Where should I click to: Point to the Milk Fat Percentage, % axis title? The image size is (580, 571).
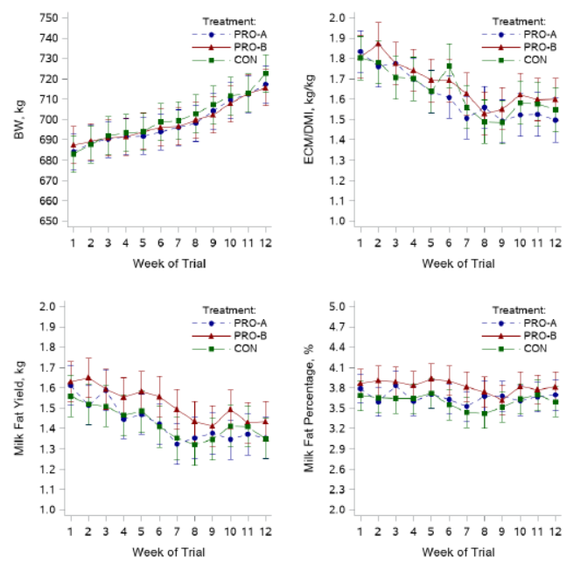pos(308,407)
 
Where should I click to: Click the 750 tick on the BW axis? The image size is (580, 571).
pos(49,17)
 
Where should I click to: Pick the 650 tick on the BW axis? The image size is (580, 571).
pos(49,220)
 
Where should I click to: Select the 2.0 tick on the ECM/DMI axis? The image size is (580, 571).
pos(338,17)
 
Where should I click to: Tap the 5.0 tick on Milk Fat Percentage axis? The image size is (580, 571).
pos(338,306)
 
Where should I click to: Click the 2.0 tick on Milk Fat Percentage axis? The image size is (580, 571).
pos(338,509)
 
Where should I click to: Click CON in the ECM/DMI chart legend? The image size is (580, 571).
pos(531,59)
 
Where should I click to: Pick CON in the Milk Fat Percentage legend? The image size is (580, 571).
pos(531,348)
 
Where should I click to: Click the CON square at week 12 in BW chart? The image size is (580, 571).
pos(265,73)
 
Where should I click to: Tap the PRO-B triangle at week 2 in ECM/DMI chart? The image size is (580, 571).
pos(378,44)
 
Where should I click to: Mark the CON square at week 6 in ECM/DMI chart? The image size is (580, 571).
pos(449,66)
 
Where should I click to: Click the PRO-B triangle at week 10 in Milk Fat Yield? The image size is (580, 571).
pos(230,408)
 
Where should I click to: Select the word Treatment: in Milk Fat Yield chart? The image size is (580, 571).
pos(228,309)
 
